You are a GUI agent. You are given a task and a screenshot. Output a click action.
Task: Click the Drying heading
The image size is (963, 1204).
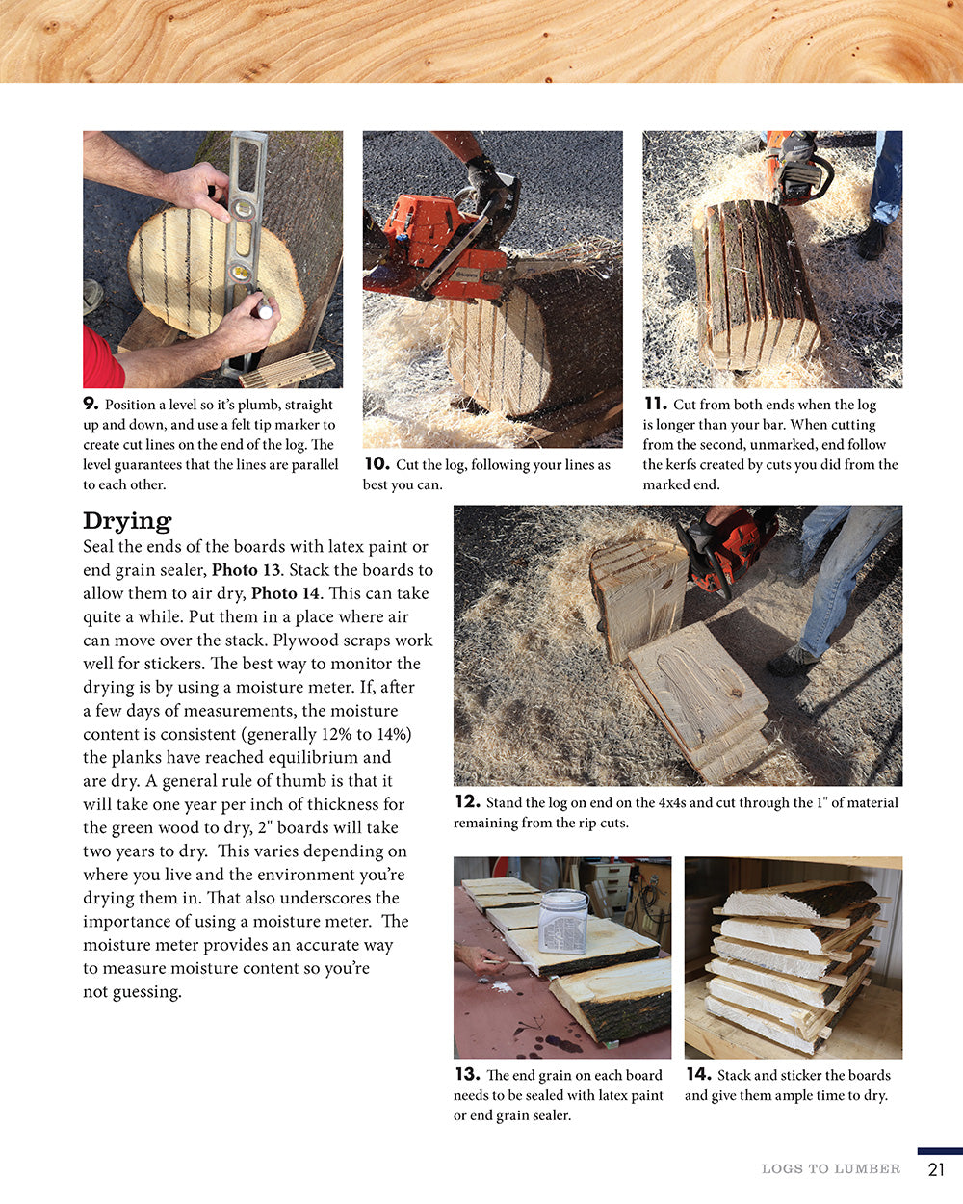(126, 521)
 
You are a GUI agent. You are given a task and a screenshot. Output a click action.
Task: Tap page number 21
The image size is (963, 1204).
(936, 1169)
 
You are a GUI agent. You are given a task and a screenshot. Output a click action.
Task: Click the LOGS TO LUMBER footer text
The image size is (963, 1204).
(830, 1169)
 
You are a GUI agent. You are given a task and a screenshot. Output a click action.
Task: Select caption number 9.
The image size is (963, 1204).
(91, 404)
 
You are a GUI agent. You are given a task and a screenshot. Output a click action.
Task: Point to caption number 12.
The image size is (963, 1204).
(466, 801)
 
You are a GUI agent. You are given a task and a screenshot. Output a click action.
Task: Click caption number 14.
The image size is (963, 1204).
(697, 1074)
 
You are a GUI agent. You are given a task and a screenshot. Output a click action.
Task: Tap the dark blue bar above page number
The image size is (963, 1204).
(939, 1151)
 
